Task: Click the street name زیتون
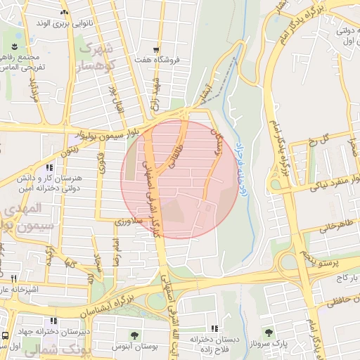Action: (x=68, y=148)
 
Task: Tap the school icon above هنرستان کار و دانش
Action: (x=49, y=168)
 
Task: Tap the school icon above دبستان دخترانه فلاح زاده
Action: (x=214, y=328)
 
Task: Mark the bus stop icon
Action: (x=5, y=335)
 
